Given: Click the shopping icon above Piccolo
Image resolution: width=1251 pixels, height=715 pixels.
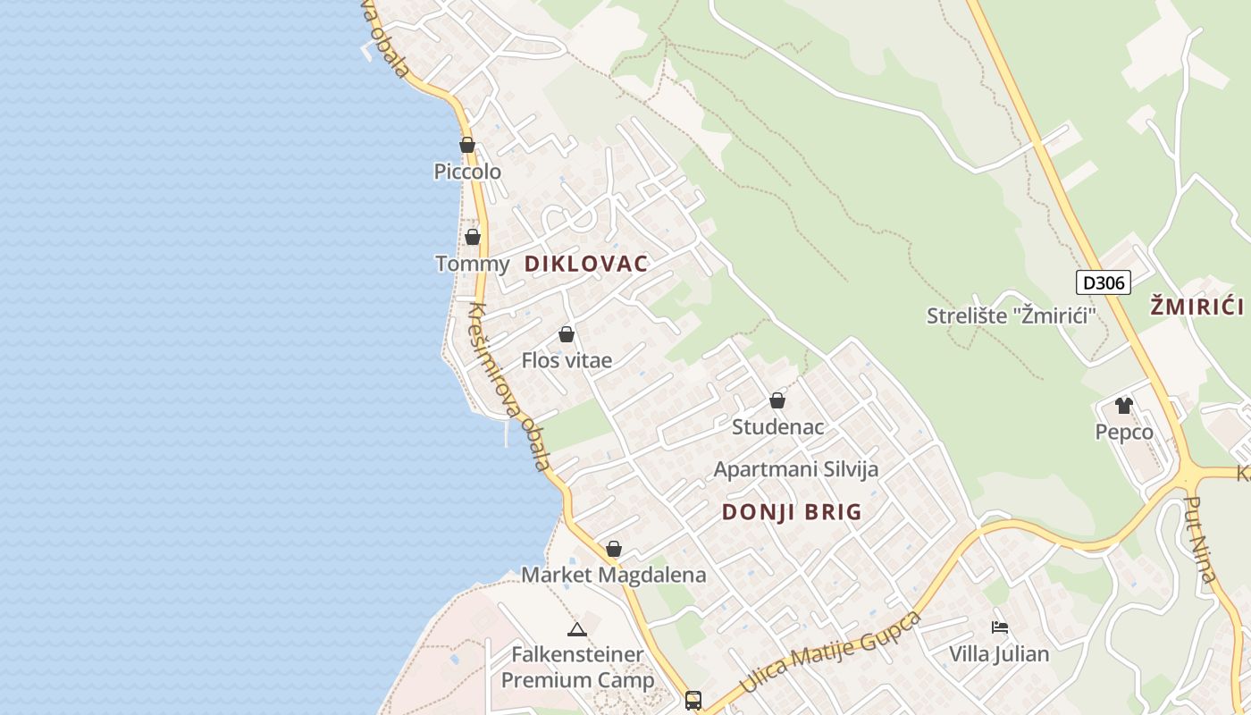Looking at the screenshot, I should click(467, 145).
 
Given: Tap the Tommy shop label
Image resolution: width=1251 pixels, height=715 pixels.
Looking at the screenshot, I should click(472, 264).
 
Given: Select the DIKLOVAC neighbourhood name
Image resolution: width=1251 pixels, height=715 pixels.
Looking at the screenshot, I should click(586, 264).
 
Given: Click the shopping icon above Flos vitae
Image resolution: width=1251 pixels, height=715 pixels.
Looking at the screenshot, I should click(566, 335).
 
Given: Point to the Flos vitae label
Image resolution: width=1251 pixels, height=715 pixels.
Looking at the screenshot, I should click(567, 360).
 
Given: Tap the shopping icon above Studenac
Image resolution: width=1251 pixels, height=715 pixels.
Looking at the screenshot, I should click(777, 400).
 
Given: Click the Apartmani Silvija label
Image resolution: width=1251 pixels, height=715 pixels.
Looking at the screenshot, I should click(795, 469).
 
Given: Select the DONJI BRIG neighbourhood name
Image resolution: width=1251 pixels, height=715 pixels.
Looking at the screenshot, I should click(791, 512).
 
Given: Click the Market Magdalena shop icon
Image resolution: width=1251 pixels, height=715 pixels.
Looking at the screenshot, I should click(614, 549).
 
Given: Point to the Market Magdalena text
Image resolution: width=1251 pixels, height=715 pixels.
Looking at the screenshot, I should click(613, 575).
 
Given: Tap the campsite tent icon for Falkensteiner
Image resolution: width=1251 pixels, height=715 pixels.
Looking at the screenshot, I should click(577, 629).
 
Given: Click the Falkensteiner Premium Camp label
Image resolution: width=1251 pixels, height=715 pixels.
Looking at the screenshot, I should click(577, 667).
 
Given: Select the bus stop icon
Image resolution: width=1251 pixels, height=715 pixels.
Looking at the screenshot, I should click(693, 700).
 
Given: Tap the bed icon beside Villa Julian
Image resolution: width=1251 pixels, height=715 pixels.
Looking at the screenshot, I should click(1000, 627).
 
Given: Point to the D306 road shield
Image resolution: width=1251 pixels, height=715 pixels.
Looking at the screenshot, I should click(1103, 283).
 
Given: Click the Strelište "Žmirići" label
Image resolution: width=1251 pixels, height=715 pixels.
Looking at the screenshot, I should click(1011, 315).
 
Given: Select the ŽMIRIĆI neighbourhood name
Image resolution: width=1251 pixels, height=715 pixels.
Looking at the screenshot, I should click(1196, 307).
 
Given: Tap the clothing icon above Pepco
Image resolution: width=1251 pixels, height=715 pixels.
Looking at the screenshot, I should click(1123, 406).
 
